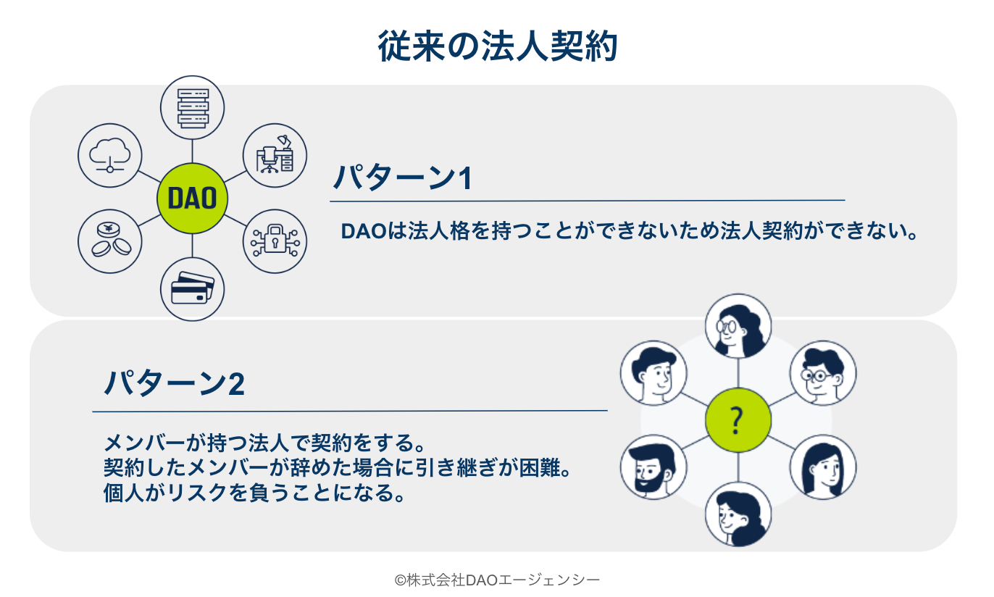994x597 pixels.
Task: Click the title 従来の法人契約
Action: point(497,47)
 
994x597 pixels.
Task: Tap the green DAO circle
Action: point(192,198)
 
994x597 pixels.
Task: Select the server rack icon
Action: point(192,108)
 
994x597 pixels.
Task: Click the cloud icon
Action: point(109,154)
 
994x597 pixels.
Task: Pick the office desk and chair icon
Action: point(275,154)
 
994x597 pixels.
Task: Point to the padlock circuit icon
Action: point(275,241)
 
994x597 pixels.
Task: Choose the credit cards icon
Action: point(192,288)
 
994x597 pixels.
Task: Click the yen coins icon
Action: point(109,241)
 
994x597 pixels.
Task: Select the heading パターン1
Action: point(403,178)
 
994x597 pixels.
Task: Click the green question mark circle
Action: point(738,419)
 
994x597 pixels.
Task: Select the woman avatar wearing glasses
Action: point(738,326)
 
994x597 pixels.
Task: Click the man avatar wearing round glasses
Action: point(822,373)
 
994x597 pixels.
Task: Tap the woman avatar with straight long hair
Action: point(822,467)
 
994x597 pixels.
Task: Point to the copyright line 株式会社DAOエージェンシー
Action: point(497,580)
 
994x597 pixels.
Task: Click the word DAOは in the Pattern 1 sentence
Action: point(367,233)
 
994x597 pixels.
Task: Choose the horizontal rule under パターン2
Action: point(350,411)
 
